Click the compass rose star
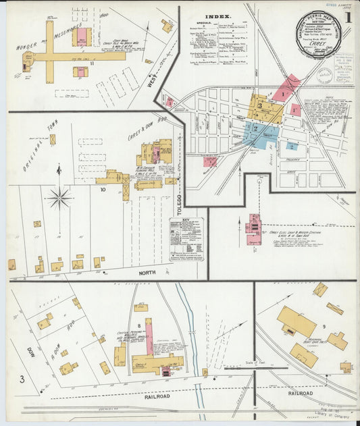[60, 198]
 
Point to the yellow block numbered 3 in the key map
[259, 107]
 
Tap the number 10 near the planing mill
[103, 190]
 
